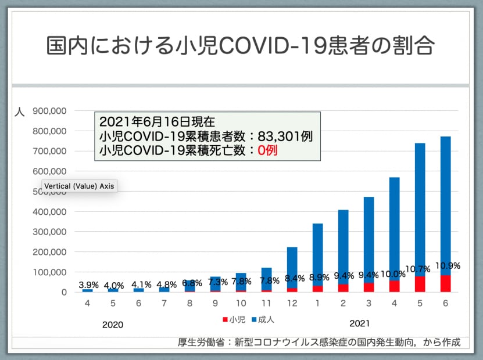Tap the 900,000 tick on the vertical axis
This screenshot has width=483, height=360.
[50, 111]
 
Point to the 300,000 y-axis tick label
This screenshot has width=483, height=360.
[50, 232]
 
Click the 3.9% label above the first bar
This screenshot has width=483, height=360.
[89, 285]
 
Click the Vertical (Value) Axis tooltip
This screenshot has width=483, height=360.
[78, 187]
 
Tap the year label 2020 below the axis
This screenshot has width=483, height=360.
[112, 325]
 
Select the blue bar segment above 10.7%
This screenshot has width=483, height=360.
[420, 203]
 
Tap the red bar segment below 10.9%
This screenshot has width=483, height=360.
[445, 283]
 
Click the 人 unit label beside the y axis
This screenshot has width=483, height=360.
[19, 112]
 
